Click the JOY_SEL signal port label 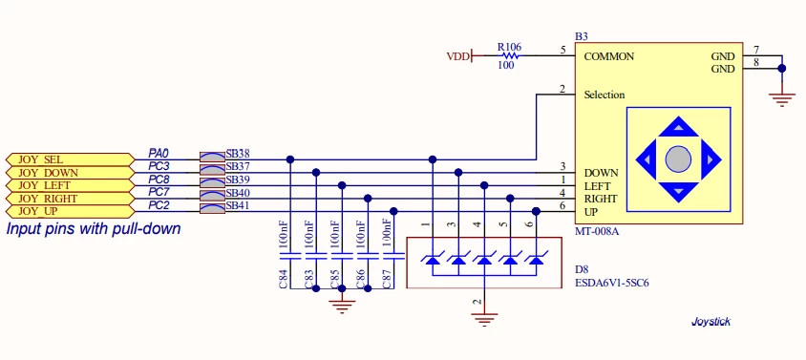[70, 159]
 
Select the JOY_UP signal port [70, 211]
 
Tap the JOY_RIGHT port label [70, 199]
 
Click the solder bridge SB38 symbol [212, 156]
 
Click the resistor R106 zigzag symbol [509, 55]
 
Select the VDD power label [458, 56]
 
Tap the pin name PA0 [159, 153]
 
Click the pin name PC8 [159, 180]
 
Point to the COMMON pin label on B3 [609, 56]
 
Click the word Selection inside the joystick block [604, 95]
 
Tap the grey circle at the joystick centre [679, 159]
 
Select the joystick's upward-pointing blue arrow [679, 126]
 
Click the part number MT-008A [596, 231]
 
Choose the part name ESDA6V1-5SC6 [611, 283]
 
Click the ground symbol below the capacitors [341, 305]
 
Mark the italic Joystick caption [711, 322]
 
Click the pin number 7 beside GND [755, 50]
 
